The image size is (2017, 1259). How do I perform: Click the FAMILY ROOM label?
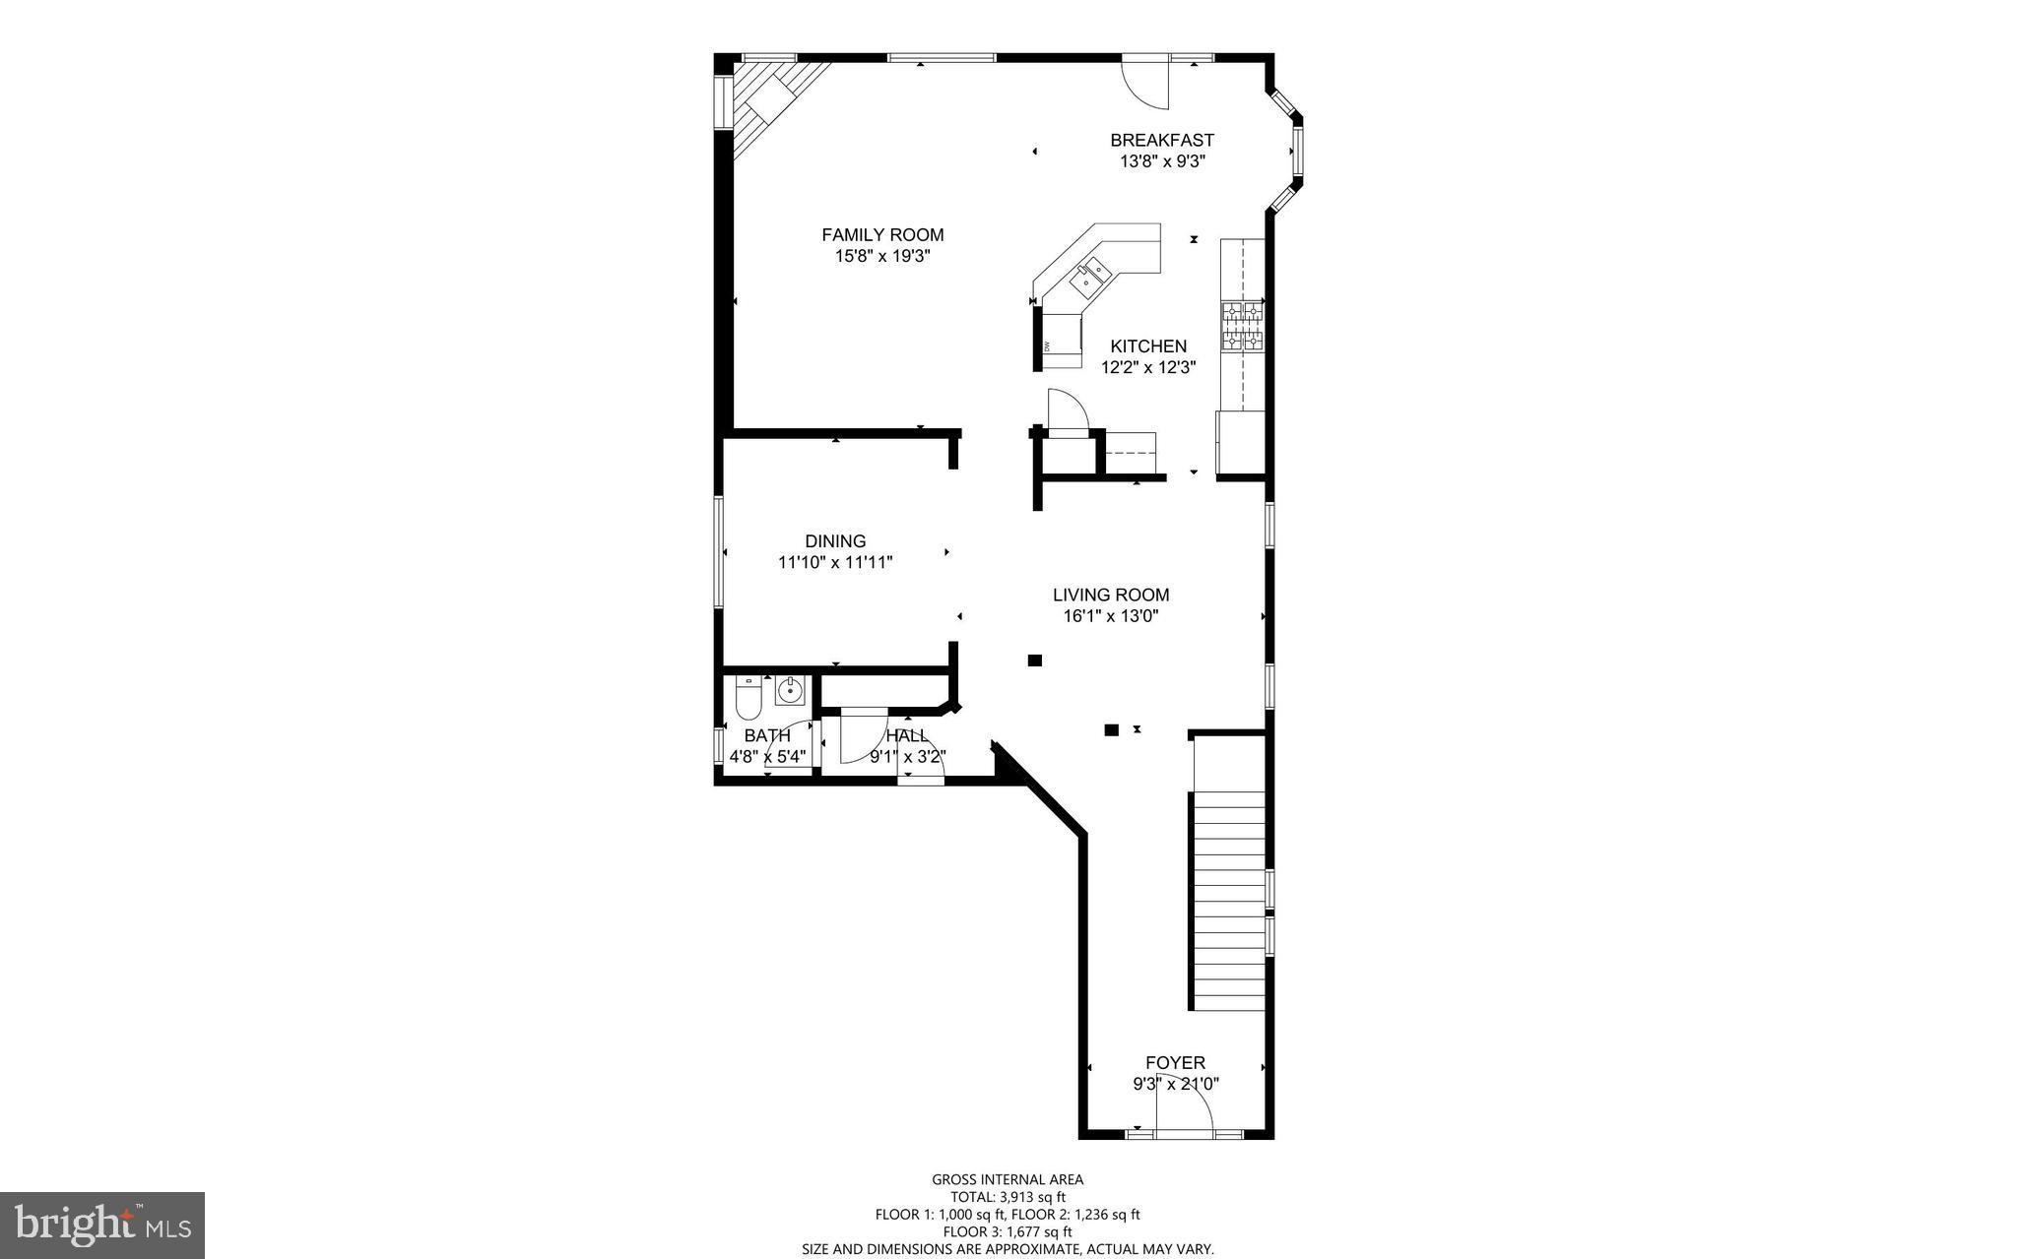tap(882, 234)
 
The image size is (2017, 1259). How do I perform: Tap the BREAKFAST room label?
tap(1162, 140)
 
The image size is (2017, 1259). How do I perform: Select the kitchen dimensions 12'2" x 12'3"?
tap(1148, 367)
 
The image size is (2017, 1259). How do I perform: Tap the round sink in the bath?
tap(790, 691)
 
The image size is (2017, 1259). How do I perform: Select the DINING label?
tap(835, 540)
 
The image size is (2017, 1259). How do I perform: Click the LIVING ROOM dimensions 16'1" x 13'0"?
tap(1111, 616)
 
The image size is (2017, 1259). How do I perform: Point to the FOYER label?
tap(1175, 1062)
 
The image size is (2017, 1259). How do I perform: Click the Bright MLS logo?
tap(102, 1225)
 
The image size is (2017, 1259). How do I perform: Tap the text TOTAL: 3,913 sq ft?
tap(1008, 1197)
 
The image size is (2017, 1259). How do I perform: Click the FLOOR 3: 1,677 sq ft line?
tap(1008, 1231)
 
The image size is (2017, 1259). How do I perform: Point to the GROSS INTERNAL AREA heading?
tap(1008, 1179)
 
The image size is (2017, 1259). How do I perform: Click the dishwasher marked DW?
tap(1060, 343)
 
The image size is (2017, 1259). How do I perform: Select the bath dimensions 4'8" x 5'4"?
tap(767, 757)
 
